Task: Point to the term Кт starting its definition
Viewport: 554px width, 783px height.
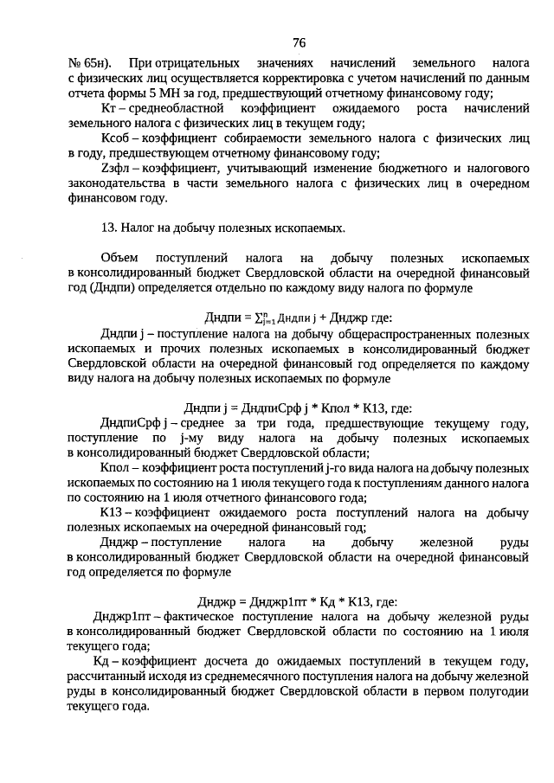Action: (108, 109)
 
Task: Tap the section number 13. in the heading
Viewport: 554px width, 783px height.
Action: (110, 228)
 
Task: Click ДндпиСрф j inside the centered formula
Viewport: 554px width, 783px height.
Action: (275, 408)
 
